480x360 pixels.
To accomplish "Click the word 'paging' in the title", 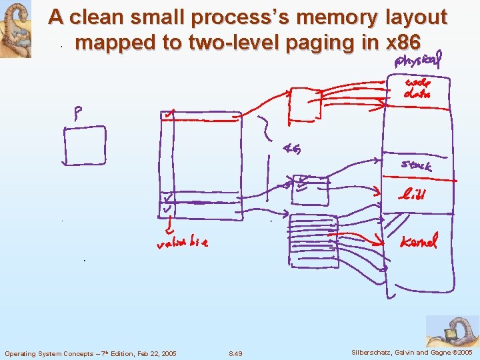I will point(315,43).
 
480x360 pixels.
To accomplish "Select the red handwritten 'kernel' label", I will point(418,241).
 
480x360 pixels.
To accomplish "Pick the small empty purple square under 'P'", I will point(85,145).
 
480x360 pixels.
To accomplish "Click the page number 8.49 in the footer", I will point(235,353).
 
